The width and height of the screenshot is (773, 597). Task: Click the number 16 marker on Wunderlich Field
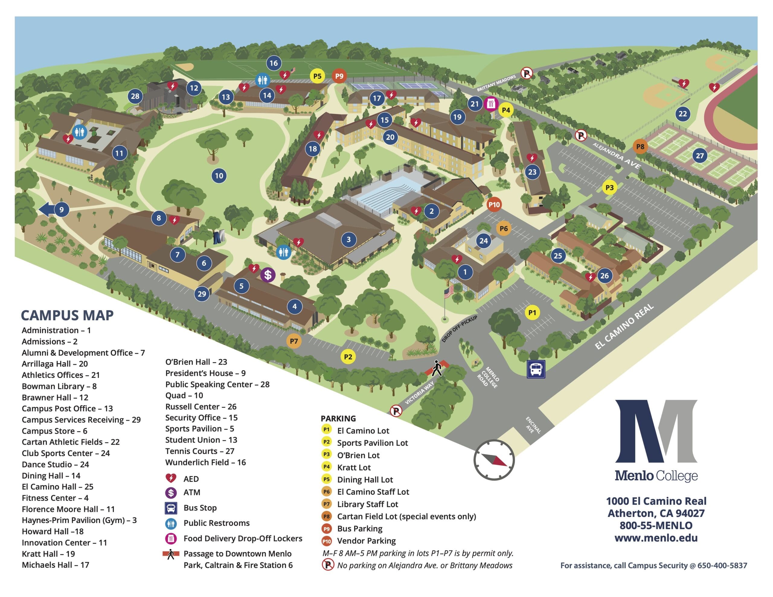coord(273,63)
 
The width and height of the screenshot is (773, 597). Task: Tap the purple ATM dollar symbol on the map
coord(268,275)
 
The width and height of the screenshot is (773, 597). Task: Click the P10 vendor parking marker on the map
coord(494,204)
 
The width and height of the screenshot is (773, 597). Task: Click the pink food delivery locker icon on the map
coord(491,104)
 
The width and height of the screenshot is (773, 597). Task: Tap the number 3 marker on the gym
coord(348,240)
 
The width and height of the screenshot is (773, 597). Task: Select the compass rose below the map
coord(494,460)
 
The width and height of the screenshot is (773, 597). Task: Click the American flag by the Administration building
coord(449,292)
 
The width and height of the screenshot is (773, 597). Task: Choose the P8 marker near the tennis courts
coord(640,146)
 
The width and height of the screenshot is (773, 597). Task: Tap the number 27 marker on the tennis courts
coord(700,155)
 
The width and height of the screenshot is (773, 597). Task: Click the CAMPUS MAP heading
coord(67,315)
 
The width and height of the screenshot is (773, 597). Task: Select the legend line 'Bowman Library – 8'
coord(59,386)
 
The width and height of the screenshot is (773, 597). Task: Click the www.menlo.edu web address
coord(656,538)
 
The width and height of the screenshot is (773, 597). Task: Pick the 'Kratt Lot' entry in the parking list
coord(354,467)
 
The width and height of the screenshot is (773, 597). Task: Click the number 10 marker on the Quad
coord(219,176)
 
